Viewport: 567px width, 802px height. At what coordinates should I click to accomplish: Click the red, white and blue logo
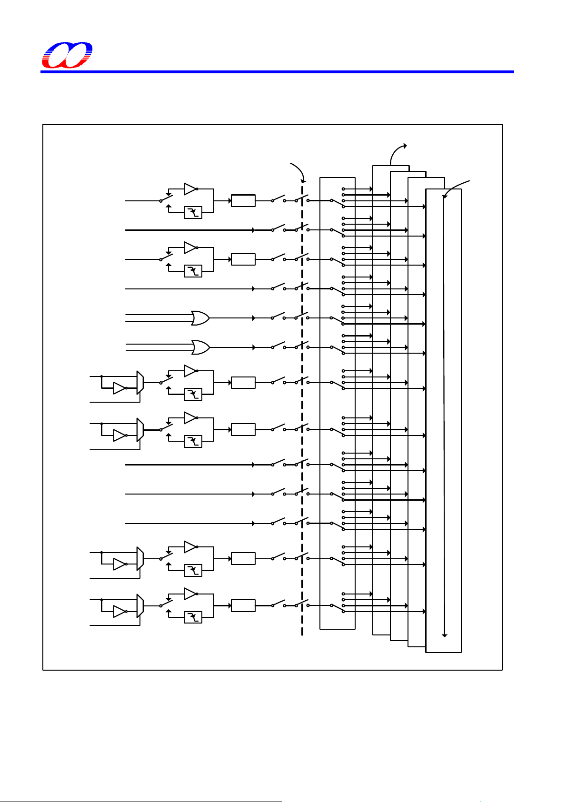click(67, 55)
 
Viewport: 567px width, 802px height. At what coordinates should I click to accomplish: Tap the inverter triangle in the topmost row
click(190, 189)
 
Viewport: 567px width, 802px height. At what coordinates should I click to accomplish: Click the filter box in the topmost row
click(193, 212)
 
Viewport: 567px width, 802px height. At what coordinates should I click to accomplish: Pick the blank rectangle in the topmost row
click(243, 201)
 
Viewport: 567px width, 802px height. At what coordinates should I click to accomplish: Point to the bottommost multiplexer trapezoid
click(140, 606)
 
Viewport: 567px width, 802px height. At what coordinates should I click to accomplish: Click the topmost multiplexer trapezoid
click(140, 383)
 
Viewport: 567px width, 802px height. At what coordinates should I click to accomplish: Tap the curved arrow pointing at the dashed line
click(298, 171)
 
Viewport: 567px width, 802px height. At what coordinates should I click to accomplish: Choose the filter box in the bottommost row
click(193, 617)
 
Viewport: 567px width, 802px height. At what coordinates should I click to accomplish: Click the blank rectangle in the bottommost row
click(243, 606)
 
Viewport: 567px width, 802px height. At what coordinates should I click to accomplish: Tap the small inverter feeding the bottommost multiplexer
click(119, 612)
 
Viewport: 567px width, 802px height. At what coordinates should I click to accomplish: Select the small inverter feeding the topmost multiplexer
click(119, 388)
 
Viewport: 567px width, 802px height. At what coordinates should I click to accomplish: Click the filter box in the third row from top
click(193, 271)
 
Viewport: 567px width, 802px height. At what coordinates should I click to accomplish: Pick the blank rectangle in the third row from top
click(243, 259)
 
